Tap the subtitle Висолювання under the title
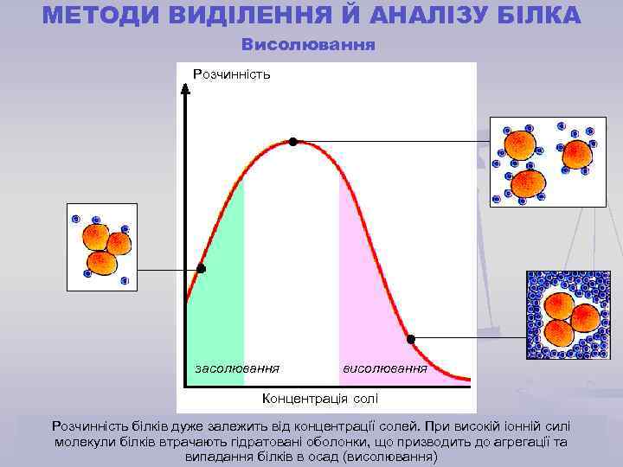[308, 43]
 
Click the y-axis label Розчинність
[231, 74]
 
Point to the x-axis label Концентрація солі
[319, 398]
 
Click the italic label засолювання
[237, 368]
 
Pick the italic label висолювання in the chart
[385, 368]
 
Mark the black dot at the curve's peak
[293, 141]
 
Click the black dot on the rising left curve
[201, 269]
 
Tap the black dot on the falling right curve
[411, 338]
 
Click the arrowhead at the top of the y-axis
[185, 87]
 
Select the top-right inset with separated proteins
[548, 162]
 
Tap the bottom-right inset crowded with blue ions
[568, 315]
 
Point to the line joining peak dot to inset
[389, 141]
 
